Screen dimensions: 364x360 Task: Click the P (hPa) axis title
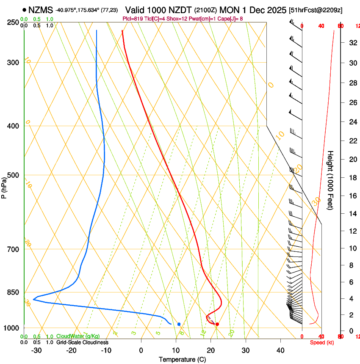click(4, 186)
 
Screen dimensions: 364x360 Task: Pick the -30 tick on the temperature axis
click(36, 350)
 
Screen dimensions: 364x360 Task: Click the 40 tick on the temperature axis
click(280, 350)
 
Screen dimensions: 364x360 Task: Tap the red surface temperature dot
click(217, 324)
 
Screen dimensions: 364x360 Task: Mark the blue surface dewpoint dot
click(179, 324)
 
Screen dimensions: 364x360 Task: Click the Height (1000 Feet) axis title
click(331, 180)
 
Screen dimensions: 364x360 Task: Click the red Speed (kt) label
click(322, 342)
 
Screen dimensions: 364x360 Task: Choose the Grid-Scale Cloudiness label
click(82, 342)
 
